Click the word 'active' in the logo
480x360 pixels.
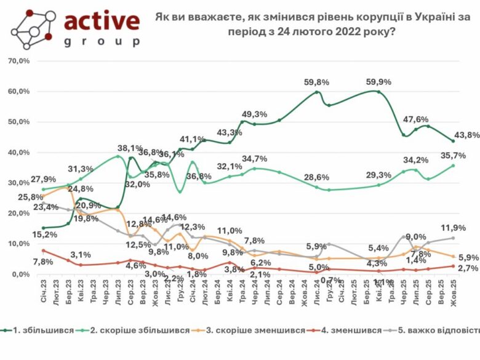click(x=102, y=22)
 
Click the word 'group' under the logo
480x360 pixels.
click(x=102, y=42)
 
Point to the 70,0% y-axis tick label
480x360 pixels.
click(x=18, y=61)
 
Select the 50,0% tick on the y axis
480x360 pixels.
click(x=18, y=122)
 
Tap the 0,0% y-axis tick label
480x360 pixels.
click(x=19, y=274)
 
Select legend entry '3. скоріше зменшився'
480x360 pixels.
click(x=255, y=330)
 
